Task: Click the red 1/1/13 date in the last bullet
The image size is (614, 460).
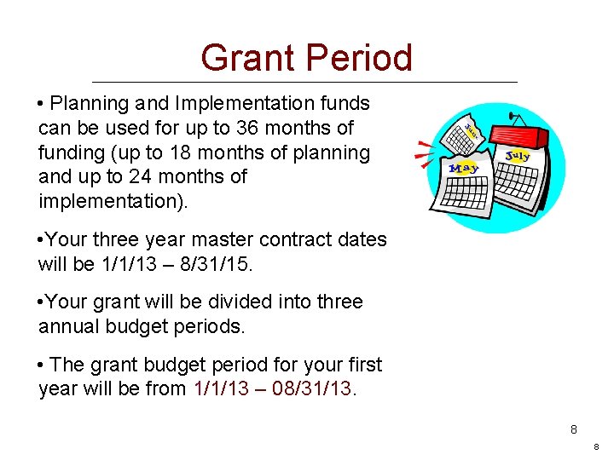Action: [217, 389]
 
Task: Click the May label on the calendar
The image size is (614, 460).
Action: [464, 167]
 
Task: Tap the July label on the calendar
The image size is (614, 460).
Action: [517, 156]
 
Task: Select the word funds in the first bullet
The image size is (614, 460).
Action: [345, 103]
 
